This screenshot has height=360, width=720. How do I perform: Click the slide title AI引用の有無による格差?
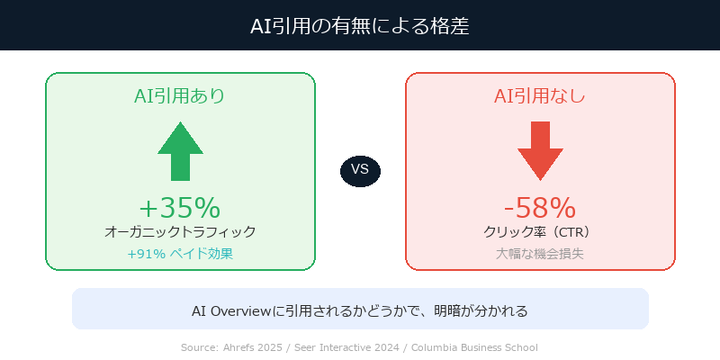pos(360,26)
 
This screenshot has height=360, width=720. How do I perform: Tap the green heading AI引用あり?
pos(180,95)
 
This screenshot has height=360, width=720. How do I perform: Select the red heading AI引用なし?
pos(540,95)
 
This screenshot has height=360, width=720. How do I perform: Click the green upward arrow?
pos(180,151)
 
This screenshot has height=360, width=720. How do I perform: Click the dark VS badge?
pos(360,170)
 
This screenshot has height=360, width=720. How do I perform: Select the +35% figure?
pos(180,208)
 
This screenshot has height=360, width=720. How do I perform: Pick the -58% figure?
pos(540,208)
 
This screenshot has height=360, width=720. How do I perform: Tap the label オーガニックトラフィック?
pos(180,232)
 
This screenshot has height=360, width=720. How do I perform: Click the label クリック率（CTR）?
pos(540,232)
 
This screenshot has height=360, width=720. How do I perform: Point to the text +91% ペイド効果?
pos(180,254)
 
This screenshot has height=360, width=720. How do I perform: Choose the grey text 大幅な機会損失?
pos(540,254)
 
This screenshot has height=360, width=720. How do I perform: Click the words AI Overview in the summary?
pos(231,310)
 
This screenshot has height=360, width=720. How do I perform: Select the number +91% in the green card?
pos(146,254)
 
